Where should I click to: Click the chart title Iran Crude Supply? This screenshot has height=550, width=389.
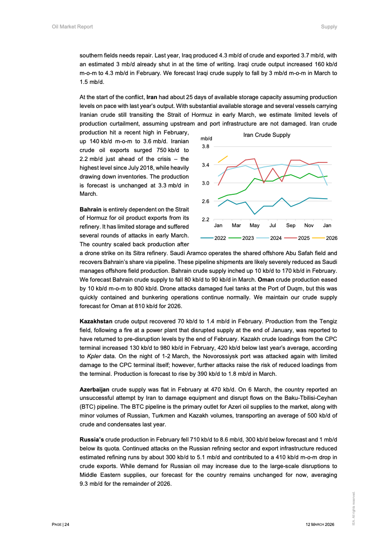(266, 135)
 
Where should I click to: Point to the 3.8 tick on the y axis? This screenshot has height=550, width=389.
(206, 146)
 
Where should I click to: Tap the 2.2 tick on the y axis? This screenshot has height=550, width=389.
(206, 219)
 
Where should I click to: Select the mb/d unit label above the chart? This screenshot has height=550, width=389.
(206, 139)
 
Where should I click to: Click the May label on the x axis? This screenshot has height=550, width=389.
(255, 226)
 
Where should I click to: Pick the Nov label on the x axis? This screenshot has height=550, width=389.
(309, 226)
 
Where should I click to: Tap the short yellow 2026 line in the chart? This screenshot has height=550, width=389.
(223, 159)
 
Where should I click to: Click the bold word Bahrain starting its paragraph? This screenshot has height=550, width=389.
(91, 210)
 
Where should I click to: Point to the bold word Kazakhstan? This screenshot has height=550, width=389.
(96, 320)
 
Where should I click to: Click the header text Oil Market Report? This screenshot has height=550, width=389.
(72, 26)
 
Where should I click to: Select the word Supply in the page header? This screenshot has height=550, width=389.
(329, 26)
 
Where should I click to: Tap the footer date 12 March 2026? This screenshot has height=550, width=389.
(319, 524)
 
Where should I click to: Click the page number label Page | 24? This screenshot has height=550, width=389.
(61, 524)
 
